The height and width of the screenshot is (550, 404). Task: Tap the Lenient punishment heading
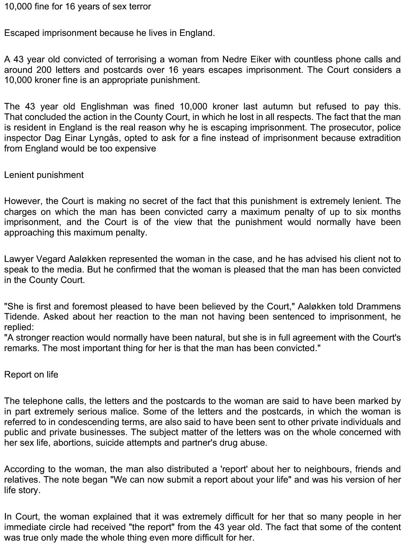44,175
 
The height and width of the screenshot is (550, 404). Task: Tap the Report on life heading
31,375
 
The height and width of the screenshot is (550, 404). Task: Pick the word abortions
73,443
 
